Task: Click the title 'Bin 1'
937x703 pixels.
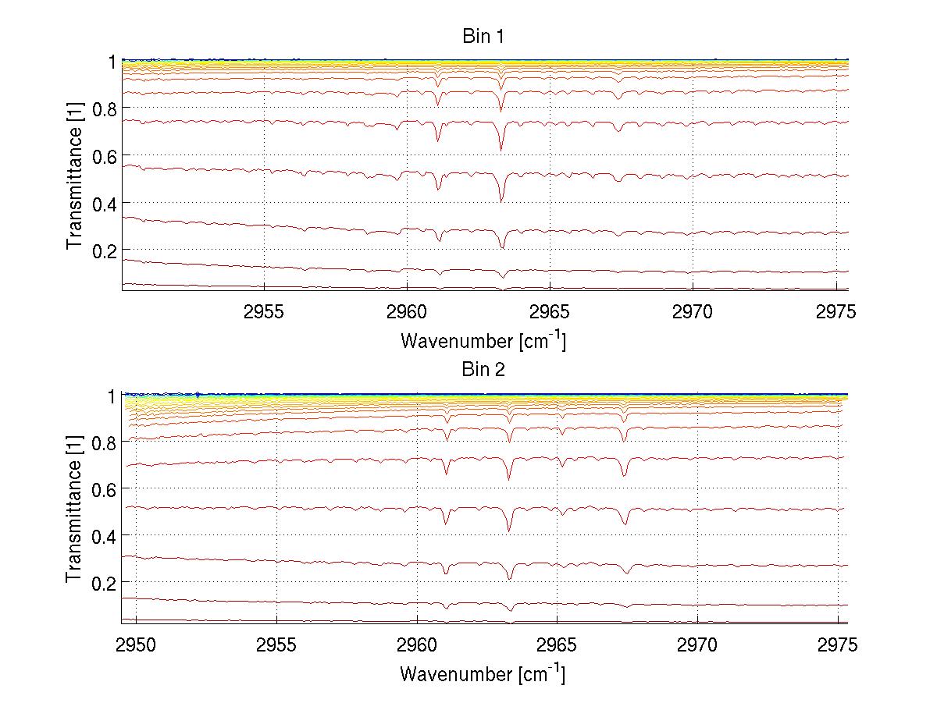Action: [x=483, y=36]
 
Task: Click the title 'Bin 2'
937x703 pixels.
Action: [x=483, y=370]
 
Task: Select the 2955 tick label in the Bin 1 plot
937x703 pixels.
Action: [x=265, y=312]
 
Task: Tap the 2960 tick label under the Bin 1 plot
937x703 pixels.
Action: [x=408, y=312]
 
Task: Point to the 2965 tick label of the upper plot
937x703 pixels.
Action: [x=550, y=312]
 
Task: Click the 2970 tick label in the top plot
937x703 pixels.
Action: [x=693, y=312]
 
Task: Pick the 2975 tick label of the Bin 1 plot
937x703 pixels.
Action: [x=836, y=312]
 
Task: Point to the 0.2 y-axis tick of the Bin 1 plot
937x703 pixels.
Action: [x=105, y=250]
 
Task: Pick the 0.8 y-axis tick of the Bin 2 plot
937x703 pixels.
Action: [x=105, y=442]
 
